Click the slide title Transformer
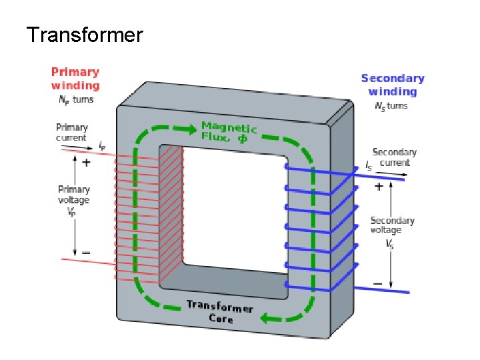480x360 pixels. click(x=84, y=34)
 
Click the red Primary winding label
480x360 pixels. click(x=75, y=78)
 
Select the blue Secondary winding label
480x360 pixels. click(x=393, y=85)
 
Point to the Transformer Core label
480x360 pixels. click(x=220, y=312)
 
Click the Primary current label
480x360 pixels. click(x=71, y=132)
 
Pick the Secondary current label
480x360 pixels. click(x=395, y=157)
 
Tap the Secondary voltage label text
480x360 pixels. click(x=392, y=225)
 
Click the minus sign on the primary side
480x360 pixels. click(x=86, y=253)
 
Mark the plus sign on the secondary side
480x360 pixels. click(x=379, y=187)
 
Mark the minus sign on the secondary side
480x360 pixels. click(x=378, y=284)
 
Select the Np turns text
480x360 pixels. click(x=75, y=100)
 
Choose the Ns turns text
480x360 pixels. click(x=391, y=106)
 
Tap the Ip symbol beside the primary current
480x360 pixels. click(x=101, y=143)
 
